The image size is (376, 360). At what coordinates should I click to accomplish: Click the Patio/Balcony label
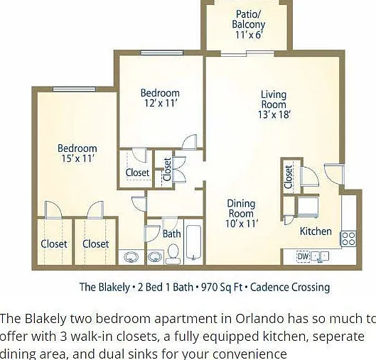(249, 19)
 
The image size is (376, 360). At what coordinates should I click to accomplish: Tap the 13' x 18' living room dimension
(274, 115)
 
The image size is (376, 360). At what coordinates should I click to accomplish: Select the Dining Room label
(241, 208)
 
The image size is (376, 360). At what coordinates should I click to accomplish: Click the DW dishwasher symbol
(304, 256)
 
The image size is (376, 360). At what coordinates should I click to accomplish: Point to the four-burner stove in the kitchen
(348, 239)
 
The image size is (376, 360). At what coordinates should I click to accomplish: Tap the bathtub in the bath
(193, 243)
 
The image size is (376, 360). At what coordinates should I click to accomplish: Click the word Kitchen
(316, 231)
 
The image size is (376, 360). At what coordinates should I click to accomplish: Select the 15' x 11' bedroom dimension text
(77, 158)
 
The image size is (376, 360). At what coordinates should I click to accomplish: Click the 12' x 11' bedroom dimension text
(161, 103)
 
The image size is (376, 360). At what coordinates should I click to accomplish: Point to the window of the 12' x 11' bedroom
(161, 53)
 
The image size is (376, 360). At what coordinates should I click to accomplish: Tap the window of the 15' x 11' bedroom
(75, 89)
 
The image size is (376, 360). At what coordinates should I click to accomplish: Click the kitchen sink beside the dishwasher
(320, 257)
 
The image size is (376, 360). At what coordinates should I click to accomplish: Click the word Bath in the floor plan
(172, 234)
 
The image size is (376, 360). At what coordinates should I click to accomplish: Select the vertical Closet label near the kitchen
(289, 177)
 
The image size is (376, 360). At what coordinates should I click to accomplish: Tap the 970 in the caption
(209, 287)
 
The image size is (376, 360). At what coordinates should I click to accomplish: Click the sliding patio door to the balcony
(247, 53)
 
